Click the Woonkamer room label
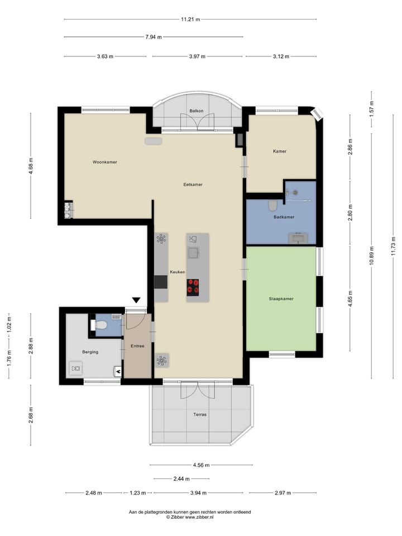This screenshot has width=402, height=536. (104, 162)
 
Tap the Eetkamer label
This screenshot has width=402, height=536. (193, 184)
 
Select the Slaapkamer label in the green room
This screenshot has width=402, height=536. (281, 299)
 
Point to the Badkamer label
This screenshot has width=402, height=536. (284, 217)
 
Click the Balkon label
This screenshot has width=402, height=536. (196, 111)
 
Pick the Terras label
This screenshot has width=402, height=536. (199, 414)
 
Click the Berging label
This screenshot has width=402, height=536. (90, 352)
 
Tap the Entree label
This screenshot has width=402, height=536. (137, 346)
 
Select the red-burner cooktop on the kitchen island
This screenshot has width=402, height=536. (193, 286)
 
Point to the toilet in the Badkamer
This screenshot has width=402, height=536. (272, 206)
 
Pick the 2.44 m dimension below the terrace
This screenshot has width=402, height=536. (181, 478)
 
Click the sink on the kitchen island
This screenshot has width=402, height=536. (194, 253)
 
